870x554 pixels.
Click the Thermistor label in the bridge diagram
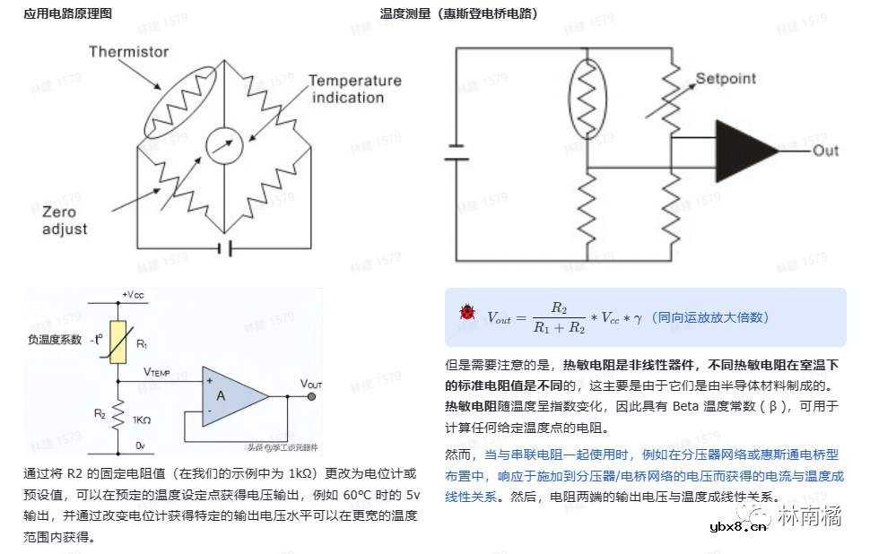point(128,52)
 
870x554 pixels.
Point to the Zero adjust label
point(65,221)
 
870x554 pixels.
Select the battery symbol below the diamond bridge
point(226,248)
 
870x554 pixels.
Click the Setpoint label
point(726,79)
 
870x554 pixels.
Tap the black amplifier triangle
point(746,151)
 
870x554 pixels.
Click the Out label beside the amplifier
point(825,151)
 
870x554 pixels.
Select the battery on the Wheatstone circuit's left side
point(457,151)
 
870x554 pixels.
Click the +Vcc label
point(132,295)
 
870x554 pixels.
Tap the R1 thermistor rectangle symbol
point(117,342)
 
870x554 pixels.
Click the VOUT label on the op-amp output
point(310,384)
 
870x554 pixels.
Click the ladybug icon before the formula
point(467,313)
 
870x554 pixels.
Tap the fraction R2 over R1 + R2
point(558,318)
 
